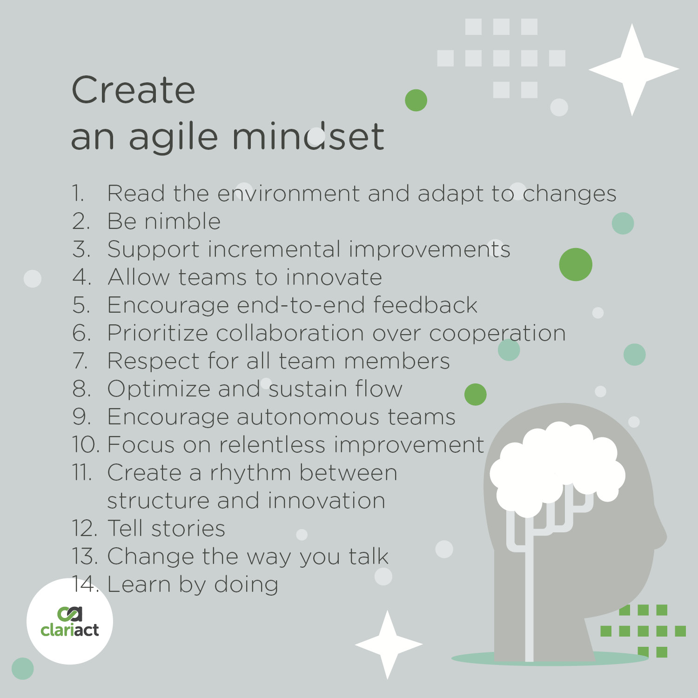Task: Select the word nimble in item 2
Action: pos(182,221)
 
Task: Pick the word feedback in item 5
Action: pos(425,305)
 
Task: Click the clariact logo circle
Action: pos(70,621)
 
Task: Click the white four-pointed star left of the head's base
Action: pos(388,644)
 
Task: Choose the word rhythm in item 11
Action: pos(250,473)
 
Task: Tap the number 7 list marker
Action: pos(81,361)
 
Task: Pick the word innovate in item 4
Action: pos(334,277)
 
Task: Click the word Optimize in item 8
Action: pos(159,389)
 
